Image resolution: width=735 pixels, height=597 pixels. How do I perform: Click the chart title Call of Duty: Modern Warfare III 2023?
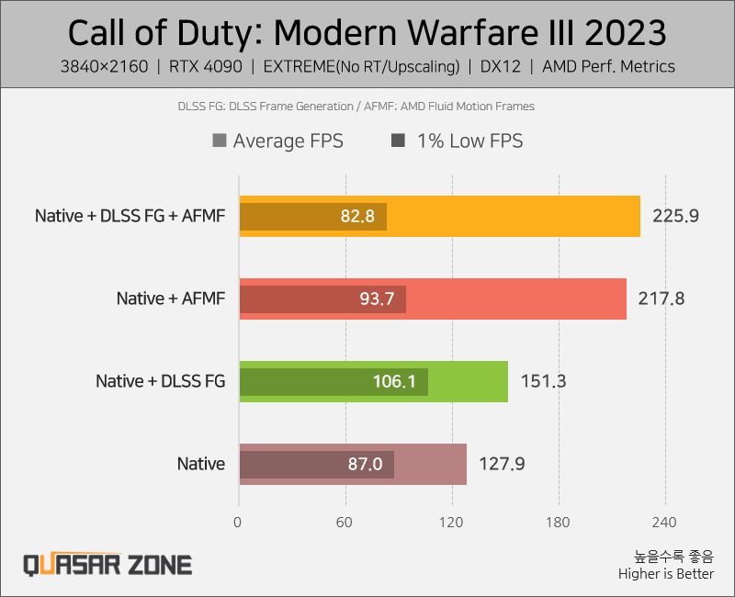click(x=367, y=33)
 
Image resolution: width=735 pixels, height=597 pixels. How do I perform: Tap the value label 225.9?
click(x=676, y=217)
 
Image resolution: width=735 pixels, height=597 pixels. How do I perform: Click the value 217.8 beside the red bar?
click(x=662, y=298)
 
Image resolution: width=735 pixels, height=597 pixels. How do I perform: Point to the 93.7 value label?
click(x=378, y=298)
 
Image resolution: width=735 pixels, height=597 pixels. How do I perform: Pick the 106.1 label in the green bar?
click(x=395, y=381)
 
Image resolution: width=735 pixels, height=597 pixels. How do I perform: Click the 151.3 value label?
click(x=543, y=381)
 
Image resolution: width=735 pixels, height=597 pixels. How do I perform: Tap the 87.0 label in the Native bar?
click(x=365, y=464)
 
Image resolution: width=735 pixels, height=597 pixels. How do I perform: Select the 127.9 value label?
click(x=502, y=464)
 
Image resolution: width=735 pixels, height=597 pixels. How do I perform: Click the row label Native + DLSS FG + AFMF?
click(x=130, y=217)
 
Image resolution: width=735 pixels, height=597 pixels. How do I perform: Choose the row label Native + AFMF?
click(x=170, y=298)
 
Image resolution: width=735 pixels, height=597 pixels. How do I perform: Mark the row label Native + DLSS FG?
click(x=160, y=381)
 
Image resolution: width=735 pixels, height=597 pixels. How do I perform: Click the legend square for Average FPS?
click(x=219, y=141)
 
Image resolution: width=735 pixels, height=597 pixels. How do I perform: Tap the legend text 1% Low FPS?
click(x=469, y=141)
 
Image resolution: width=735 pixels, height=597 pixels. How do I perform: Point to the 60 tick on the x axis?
click(x=345, y=523)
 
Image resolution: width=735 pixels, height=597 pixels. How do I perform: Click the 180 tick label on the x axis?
click(x=558, y=523)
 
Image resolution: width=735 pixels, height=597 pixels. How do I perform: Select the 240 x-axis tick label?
click(x=664, y=523)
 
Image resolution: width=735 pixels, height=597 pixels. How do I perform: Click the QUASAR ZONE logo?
click(x=107, y=563)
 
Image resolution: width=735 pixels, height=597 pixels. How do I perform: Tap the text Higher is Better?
click(x=665, y=574)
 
